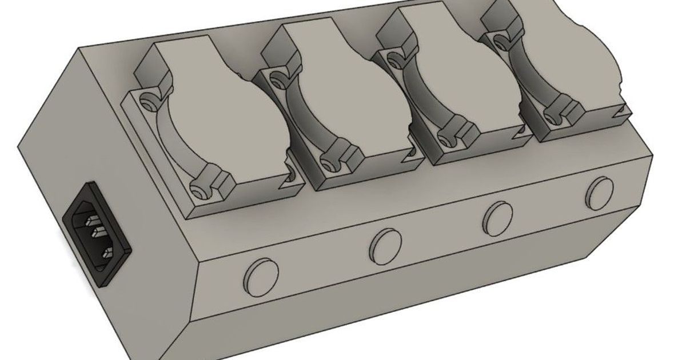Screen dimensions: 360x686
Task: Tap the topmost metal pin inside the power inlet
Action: (91, 220)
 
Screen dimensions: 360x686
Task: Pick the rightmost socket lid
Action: (560, 57)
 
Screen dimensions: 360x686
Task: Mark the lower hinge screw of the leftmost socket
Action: (198, 188)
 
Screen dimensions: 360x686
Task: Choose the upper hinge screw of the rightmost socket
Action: (501, 41)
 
